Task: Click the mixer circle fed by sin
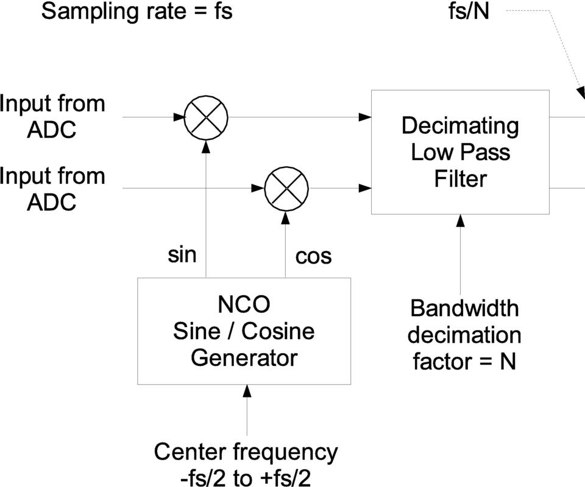206,116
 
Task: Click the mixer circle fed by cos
287,188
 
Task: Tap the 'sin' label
182,254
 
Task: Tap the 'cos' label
313,256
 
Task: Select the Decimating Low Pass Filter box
460,152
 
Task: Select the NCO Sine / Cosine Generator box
244,331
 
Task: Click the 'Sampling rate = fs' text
136,12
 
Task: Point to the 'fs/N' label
469,12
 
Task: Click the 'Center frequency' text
245,452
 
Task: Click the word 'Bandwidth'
464,308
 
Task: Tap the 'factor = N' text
464,362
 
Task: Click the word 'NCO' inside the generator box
244,304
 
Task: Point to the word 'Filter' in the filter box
460,179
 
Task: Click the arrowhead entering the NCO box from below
247,391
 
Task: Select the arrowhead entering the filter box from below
461,220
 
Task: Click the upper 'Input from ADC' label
52,116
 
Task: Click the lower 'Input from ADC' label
52,188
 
